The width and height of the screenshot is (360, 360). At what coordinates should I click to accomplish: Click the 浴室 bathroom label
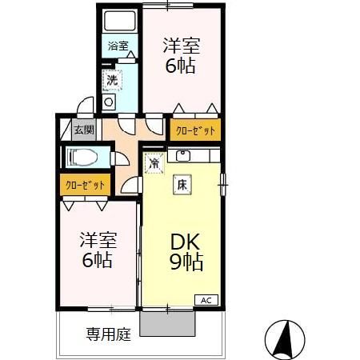point(118,46)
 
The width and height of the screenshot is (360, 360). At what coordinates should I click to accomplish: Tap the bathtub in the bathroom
point(119,23)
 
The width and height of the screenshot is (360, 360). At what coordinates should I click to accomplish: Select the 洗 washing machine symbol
point(113,80)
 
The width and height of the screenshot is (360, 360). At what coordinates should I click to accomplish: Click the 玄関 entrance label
point(83,130)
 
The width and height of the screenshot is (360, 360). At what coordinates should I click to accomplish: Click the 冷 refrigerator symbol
point(154,163)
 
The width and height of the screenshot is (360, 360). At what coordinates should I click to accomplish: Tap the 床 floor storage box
point(182,184)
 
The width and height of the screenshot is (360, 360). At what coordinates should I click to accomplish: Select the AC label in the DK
point(205,300)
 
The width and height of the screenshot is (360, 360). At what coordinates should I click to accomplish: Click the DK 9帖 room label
point(183,250)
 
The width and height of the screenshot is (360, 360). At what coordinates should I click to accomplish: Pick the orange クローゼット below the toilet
point(84,185)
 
